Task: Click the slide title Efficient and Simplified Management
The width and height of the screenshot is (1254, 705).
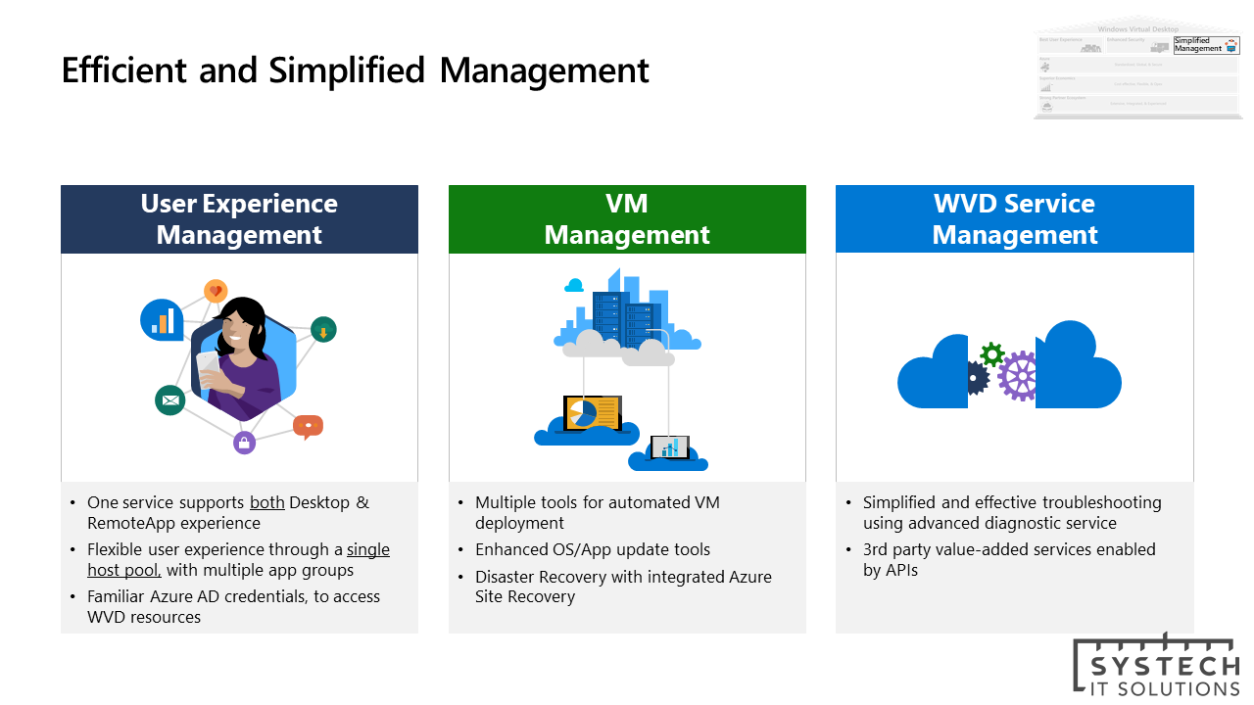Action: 355,70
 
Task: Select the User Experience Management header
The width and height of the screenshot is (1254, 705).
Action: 239,219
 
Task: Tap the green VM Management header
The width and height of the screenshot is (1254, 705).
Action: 627,219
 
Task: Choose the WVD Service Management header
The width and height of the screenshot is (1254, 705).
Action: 1014,219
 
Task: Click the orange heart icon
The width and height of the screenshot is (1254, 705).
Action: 216,291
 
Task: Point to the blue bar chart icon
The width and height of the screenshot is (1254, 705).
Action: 162,319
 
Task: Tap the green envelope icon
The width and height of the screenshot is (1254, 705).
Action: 169,399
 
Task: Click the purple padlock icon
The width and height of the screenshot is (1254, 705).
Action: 245,443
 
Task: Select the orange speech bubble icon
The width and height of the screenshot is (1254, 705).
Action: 308,426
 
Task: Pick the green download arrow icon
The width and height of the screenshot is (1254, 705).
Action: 323,330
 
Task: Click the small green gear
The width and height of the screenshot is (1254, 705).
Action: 991,353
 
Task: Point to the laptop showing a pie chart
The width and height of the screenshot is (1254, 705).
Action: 591,412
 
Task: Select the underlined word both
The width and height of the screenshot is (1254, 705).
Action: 266,502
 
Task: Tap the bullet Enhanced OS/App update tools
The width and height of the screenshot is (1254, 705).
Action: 593,549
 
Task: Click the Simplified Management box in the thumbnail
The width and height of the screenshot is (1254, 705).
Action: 1199,44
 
